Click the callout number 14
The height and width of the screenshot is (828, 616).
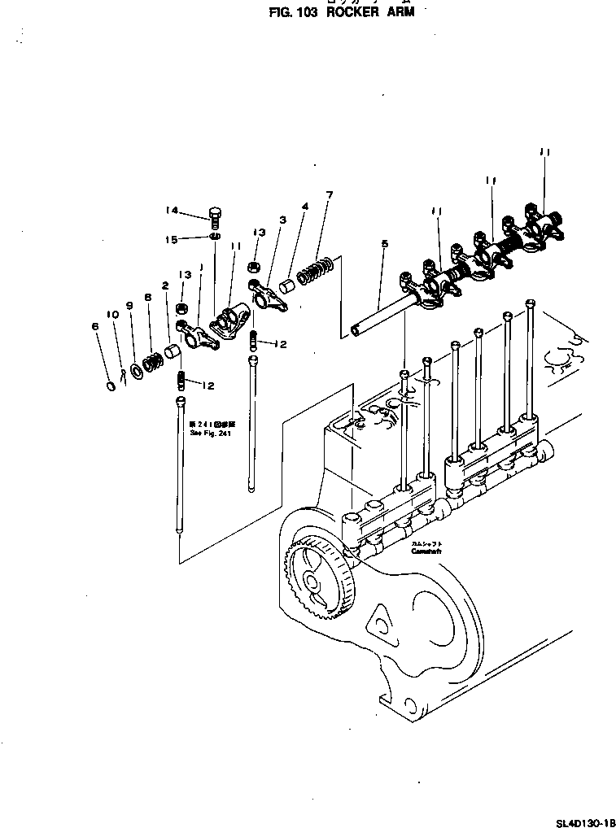point(172,211)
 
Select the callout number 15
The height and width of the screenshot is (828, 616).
point(172,239)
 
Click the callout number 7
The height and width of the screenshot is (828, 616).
point(329,195)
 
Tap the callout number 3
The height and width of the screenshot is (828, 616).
point(282,220)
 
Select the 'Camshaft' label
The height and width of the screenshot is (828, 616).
point(426,551)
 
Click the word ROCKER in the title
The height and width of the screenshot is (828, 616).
point(354,14)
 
